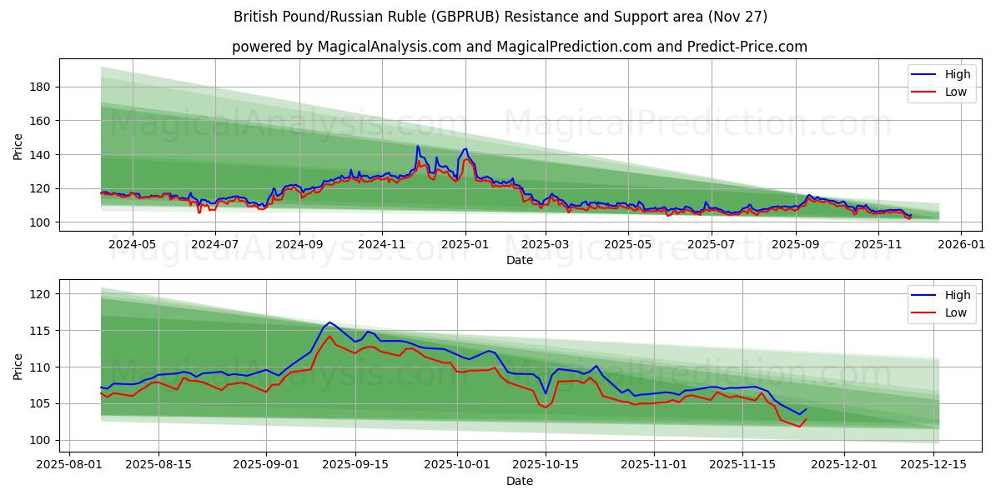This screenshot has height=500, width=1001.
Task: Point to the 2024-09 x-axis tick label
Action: (x=299, y=244)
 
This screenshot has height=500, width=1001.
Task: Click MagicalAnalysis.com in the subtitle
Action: (x=389, y=47)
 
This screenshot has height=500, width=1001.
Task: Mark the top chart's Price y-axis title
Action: (x=18, y=147)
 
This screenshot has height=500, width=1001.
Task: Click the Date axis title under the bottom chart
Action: (x=519, y=481)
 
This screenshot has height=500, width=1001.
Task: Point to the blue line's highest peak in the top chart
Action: (x=418, y=146)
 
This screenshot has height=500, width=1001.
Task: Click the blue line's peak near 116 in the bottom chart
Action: (x=329, y=322)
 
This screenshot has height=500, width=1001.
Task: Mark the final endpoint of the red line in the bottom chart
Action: (x=806, y=418)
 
